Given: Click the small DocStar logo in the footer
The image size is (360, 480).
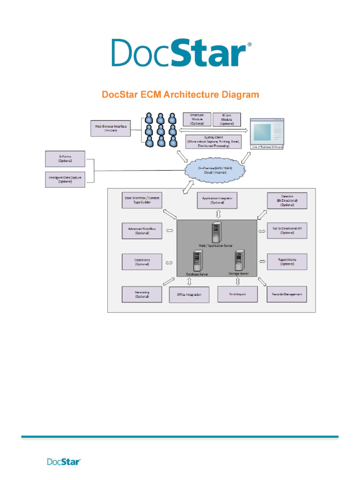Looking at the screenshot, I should tap(64, 462).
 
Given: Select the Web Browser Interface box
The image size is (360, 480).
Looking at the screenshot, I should tap(111, 128).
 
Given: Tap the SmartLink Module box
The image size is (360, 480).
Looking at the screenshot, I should tap(196, 119).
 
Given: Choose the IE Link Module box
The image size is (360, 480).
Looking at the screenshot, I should tap(227, 120).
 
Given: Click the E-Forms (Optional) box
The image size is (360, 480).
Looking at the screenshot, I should tap(65, 158).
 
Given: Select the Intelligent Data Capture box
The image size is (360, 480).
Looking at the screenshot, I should tap(65, 180).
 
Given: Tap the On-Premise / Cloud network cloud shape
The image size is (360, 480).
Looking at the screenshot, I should tap(215, 170).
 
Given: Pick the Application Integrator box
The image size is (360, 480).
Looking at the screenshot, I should tap(217, 200).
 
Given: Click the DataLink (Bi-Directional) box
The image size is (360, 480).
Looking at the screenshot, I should tap(287, 200).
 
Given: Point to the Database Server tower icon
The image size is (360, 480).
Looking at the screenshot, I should tap(197, 260).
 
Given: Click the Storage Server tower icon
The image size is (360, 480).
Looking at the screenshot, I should tap(240, 259).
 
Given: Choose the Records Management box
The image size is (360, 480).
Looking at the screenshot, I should tap(287, 294).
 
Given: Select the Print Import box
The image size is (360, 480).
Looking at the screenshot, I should tap(238, 294).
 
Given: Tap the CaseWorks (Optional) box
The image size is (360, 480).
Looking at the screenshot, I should tap(142, 262).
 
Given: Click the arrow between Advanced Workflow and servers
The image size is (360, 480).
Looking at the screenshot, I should tap(170, 231).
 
